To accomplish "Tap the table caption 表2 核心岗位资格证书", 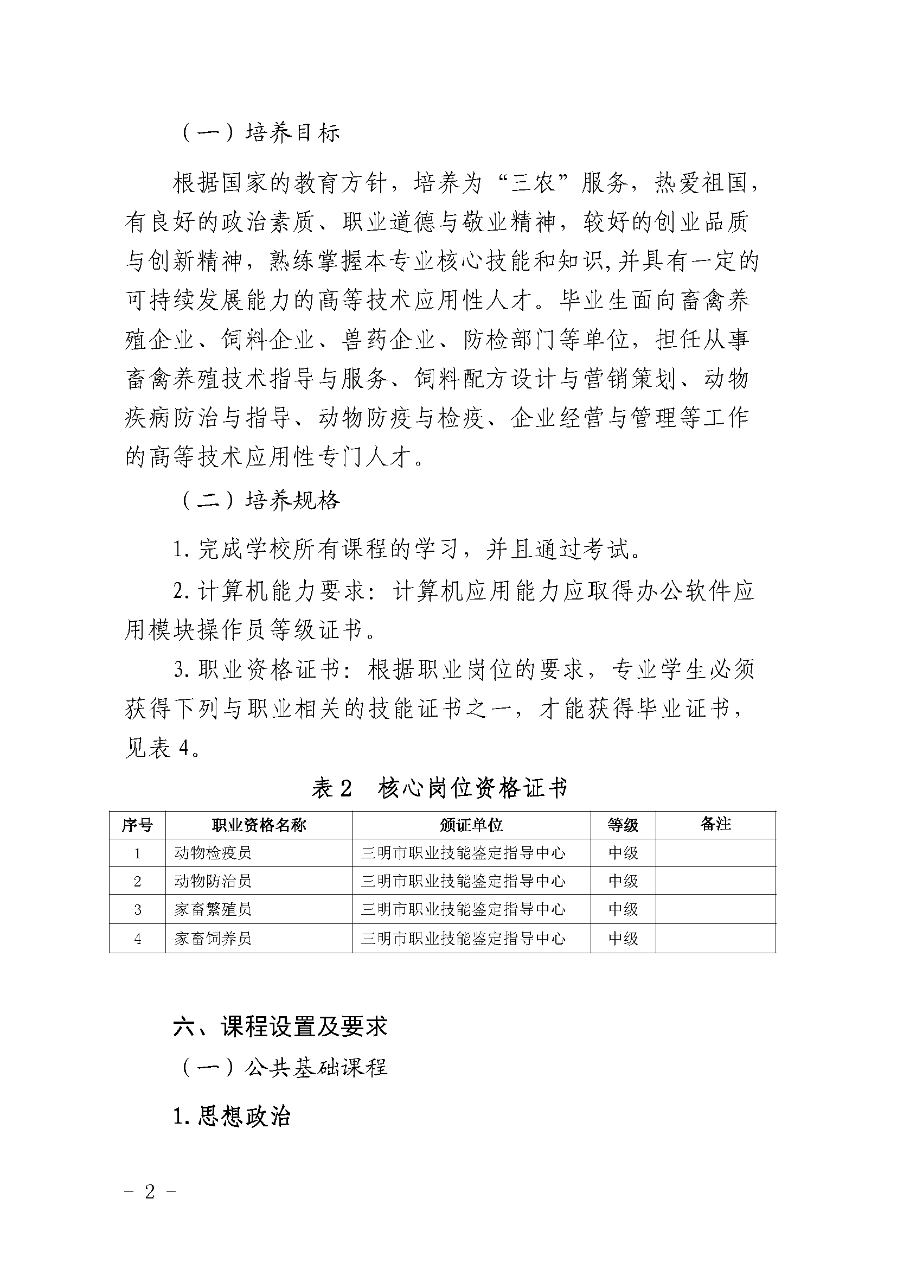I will pyautogui.click(x=440, y=789).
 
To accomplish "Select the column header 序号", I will pyautogui.click(x=137, y=826).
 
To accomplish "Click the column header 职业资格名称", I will pyautogui.click(x=259, y=826).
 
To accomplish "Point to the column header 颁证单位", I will pyautogui.click(x=471, y=826).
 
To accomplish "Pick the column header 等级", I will pyautogui.click(x=623, y=826).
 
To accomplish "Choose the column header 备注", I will pyautogui.click(x=716, y=825).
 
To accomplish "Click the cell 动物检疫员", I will pyautogui.click(x=213, y=853).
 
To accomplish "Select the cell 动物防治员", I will pyautogui.click(x=213, y=881).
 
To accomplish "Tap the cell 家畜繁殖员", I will pyautogui.click(x=213, y=909).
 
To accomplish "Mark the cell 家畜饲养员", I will pyautogui.click(x=213, y=938).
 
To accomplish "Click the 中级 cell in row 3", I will pyautogui.click(x=623, y=909).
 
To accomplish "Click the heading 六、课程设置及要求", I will pyautogui.click(x=280, y=1027).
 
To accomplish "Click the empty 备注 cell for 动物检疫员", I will pyautogui.click(x=716, y=853).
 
